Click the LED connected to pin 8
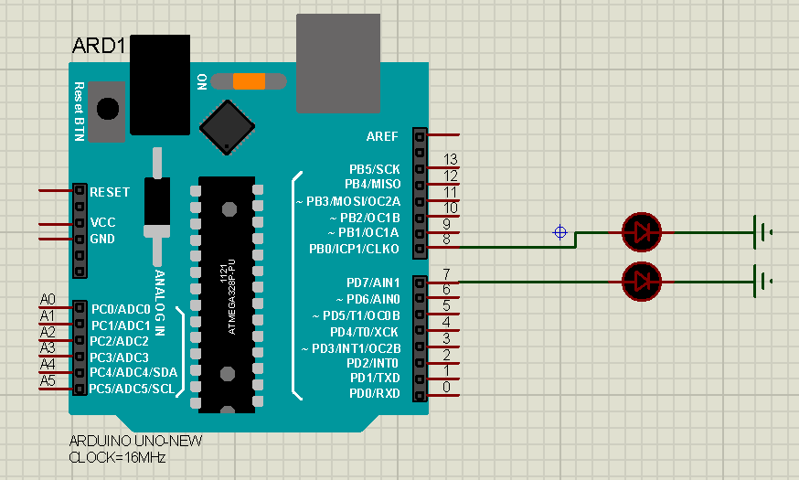642,232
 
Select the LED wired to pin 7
642,282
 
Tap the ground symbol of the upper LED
762,232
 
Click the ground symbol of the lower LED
762,282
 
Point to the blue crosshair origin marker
560,232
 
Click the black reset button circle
108,109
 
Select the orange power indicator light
250,81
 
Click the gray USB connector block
338,63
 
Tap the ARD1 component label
99,46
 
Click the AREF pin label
382,136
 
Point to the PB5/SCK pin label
375,169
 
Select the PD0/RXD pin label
375,394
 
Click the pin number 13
451,159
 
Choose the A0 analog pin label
48,300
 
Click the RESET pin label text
110,192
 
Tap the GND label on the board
102,239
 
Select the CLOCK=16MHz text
117,457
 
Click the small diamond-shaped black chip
228,127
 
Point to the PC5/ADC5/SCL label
132,389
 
